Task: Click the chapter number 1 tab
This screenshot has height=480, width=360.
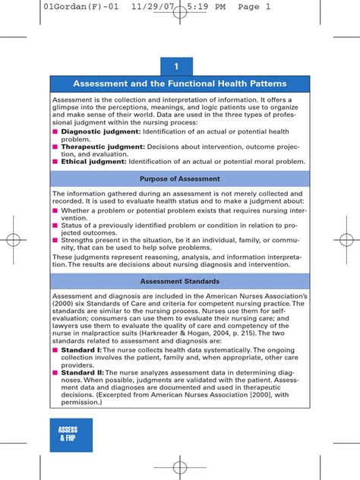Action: coord(180,68)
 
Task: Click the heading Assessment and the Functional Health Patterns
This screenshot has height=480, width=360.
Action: coord(180,84)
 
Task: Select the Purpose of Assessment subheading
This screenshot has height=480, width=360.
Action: coord(180,178)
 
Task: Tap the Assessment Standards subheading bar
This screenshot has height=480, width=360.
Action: coord(180,281)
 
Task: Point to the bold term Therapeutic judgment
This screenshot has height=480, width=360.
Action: coord(94,147)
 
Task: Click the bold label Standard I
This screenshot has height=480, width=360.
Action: coord(78,349)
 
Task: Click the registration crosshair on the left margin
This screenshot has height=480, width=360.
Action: coord(14,240)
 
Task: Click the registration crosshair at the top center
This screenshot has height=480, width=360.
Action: coord(180,34)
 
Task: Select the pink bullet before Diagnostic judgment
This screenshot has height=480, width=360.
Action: coord(55,131)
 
